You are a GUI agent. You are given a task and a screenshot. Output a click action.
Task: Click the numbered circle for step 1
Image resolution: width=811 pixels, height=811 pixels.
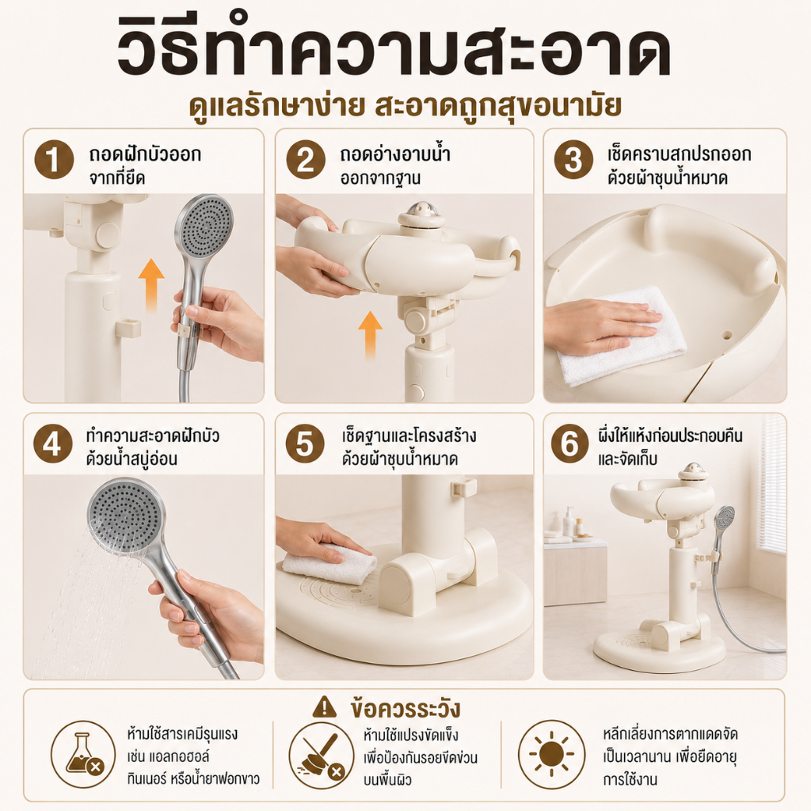(x=55, y=160)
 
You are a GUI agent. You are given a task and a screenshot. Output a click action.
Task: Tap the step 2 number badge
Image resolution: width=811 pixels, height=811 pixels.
(x=306, y=160)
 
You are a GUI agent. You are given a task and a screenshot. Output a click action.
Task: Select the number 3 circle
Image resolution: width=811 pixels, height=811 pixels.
(x=573, y=160)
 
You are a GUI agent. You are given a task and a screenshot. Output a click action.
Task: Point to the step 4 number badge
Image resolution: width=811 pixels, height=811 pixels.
(x=53, y=444)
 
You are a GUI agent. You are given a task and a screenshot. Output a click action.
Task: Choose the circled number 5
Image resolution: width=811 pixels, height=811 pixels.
(x=305, y=444)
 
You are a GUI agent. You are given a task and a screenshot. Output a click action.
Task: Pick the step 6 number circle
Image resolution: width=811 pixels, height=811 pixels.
(x=570, y=444)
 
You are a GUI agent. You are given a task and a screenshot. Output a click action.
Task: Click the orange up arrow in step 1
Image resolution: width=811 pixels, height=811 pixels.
(x=151, y=285)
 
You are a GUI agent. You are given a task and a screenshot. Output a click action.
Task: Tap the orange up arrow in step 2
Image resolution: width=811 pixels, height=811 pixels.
(x=371, y=335)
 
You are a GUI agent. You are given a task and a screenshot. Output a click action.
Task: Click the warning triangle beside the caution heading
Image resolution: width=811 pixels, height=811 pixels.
(x=324, y=707)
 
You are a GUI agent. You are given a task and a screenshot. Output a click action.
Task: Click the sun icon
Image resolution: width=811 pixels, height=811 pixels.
(x=551, y=755)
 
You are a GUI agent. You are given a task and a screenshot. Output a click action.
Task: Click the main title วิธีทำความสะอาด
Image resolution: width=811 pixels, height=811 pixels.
(x=394, y=50)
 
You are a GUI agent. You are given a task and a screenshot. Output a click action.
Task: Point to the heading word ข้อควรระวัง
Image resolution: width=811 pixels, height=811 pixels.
(x=405, y=709)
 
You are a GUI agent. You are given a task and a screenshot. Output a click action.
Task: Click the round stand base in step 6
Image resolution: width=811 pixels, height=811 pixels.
(x=660, y=649)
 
